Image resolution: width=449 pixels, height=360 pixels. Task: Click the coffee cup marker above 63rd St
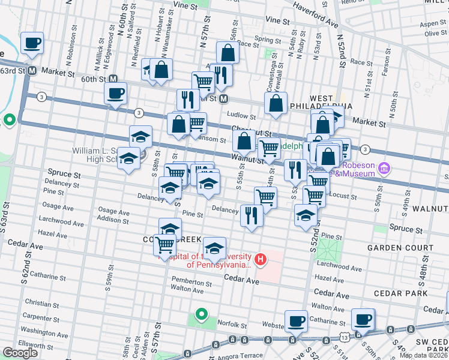[x=32, y=43]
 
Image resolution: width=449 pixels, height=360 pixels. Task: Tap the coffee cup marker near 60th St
[x=115, y=93]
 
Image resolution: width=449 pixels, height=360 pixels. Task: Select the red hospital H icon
[x=261, y=259]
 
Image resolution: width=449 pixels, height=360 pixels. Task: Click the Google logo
[x=20, y=353]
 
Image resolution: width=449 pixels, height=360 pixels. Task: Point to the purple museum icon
[x=384, y=169]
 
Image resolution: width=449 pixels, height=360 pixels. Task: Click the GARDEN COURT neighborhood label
[x=400, y=247]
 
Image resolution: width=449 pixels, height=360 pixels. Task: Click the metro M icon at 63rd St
[x=32, y=70]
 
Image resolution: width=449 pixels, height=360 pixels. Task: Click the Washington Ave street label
[x=44, y=331]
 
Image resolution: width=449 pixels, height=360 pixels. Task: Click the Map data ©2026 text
[x=423, y=355]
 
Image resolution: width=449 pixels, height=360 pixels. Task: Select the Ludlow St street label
[x=242, y=115]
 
